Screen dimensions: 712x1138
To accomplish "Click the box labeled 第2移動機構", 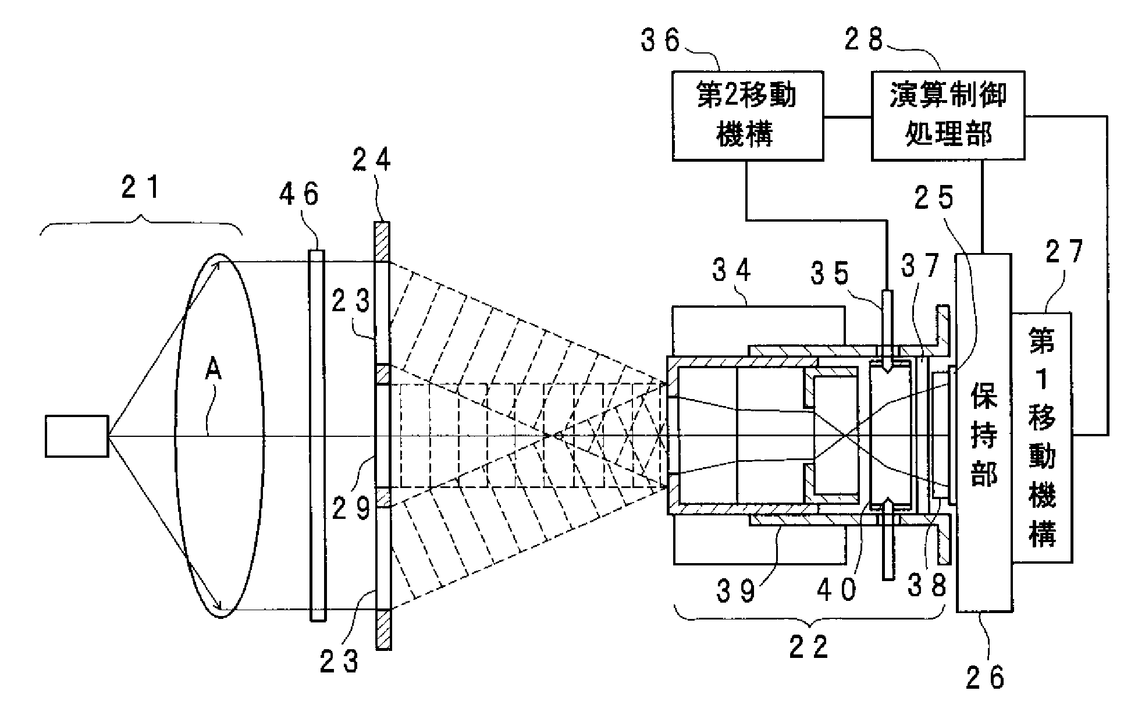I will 747,115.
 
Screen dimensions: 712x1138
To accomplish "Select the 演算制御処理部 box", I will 948,115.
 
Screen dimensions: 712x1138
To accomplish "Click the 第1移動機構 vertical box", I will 1042,437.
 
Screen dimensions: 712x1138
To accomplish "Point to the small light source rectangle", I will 76,436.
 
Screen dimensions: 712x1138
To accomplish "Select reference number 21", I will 141,188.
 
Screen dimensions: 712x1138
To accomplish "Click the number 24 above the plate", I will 373,158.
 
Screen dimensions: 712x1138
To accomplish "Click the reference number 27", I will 1065,252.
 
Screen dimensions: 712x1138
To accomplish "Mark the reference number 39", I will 737,590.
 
